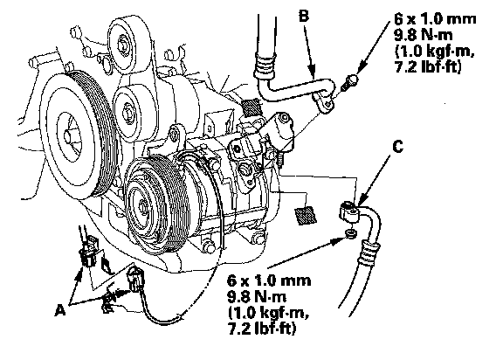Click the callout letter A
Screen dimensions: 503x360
click(x=60, y=310)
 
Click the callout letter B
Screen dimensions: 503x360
click(x=304, y=16)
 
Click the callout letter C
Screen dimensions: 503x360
click(x=397, y=147)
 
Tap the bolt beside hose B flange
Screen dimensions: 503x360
click(x=349, y=81)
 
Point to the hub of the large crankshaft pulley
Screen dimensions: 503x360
click(x=68, y=136)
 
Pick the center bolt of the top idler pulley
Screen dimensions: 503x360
click(x=123, y=45)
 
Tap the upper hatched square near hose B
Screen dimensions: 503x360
click(x=251, y=107)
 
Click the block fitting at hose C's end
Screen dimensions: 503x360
click(x=349, y=212)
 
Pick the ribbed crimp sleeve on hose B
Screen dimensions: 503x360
click(x=265, y=66)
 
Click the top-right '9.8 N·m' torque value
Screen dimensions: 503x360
click(x=424, y=35)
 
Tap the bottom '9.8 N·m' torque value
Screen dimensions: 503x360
click(x=257, y=297)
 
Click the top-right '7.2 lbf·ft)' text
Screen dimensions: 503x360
click(x=428, y=67)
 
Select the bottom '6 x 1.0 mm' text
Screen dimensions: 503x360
click(x=269, y=280)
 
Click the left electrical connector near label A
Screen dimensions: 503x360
click(x=88, y=252)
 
